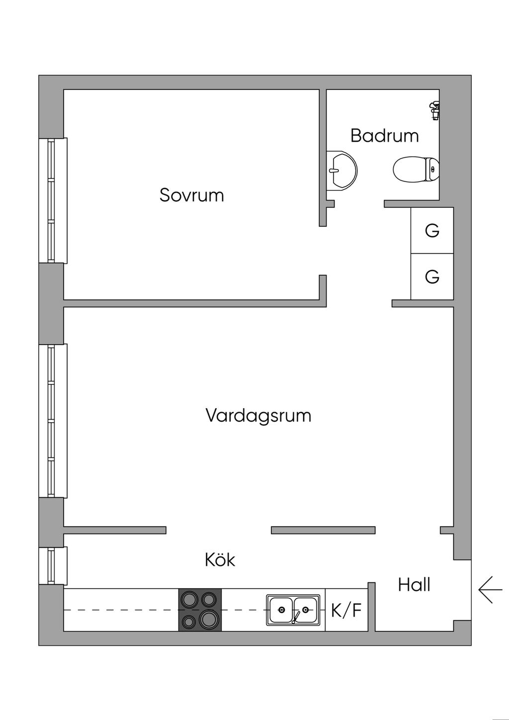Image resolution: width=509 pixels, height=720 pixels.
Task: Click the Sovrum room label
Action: point(191,195)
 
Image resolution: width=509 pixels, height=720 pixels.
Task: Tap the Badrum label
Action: point(384,136)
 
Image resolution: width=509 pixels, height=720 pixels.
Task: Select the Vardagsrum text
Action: point(258,415)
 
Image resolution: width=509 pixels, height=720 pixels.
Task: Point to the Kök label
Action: point(220,560)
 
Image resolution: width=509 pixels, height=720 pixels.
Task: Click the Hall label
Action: point(414,585)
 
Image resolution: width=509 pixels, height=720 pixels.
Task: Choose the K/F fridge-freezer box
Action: point(346,610)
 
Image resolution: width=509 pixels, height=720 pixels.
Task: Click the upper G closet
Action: point(432,231)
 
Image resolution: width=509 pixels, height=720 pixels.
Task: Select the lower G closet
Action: point(432,276)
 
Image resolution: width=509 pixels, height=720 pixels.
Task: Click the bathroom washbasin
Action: point(341,170)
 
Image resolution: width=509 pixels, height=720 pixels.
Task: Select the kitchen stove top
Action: point(200,610)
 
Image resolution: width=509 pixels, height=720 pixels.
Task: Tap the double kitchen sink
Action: point(293,610)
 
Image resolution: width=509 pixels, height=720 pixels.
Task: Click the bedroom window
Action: point(53,200)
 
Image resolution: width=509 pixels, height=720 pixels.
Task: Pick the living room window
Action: point(53,421)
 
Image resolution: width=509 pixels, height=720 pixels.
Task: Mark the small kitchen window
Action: point(53,566)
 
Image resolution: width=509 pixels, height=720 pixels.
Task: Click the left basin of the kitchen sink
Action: point(281,610)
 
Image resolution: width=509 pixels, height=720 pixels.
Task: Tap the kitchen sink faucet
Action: point(296,617)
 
